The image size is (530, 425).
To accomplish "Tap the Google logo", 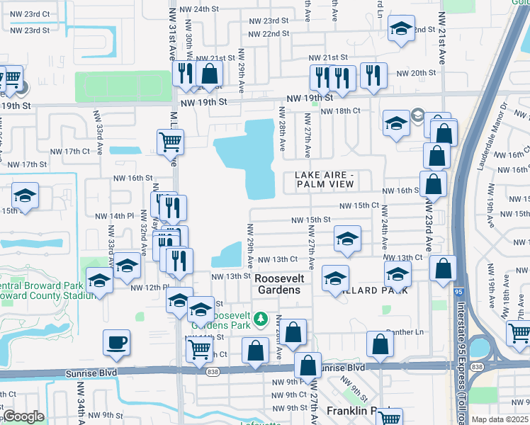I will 23,417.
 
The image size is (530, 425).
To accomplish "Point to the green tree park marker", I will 260,319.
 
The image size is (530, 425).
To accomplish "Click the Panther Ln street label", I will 407,332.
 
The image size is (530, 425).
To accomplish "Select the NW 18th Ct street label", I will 341,111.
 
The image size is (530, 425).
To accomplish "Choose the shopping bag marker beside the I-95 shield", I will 443,269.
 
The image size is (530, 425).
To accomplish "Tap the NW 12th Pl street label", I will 148,287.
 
